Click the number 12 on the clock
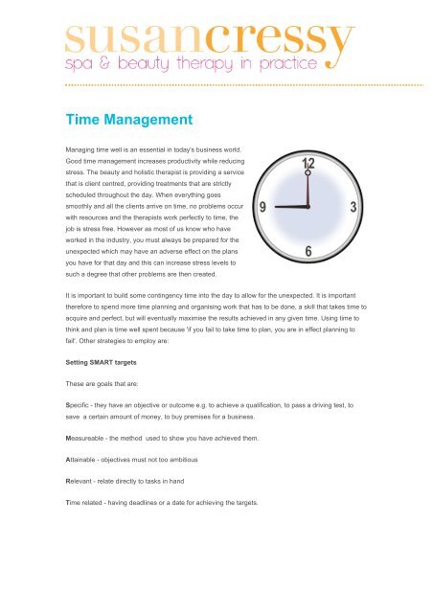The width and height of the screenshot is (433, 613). (308, 165)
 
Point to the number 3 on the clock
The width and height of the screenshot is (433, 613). (354, 207)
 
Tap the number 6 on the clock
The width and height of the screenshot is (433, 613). (308, 251)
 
